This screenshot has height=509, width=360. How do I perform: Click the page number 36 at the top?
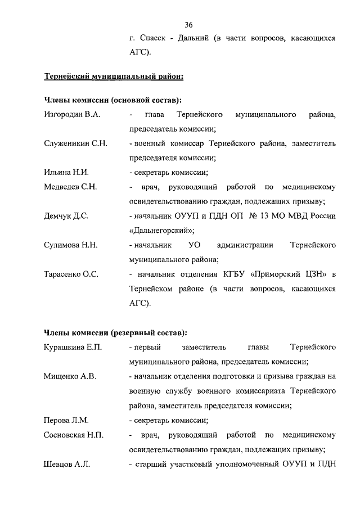[189, 24]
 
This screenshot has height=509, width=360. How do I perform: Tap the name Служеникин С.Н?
[75, 143]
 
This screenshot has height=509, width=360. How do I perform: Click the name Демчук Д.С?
[66, 216]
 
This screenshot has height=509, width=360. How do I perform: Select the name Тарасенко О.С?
[71, 274]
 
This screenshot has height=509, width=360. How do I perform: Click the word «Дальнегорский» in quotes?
[161, 231]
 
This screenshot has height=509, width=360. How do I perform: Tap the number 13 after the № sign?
[262, 216]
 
